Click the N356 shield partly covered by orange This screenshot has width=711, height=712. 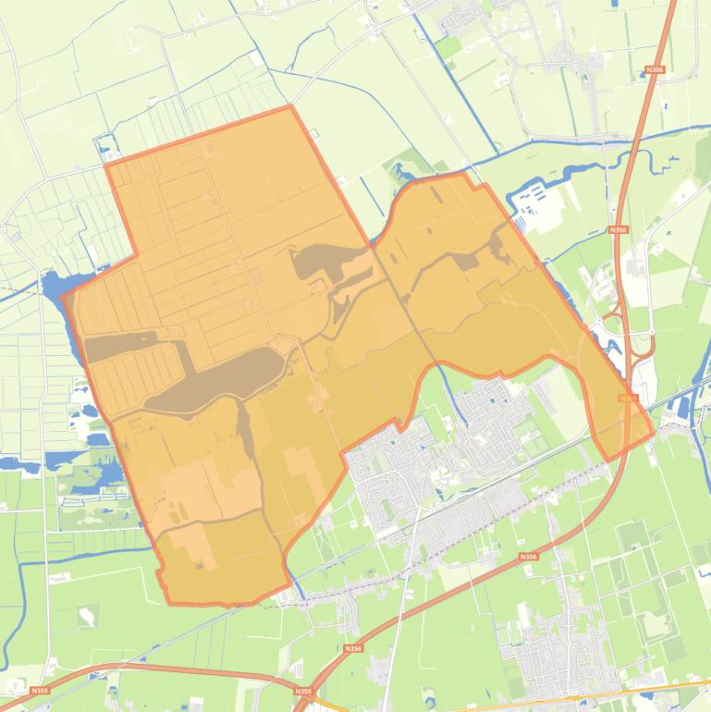(629, 398)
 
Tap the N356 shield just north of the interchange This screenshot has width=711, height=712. (617, 228)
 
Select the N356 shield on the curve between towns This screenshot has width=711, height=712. (527, 557)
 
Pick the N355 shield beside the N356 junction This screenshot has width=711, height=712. (302, 691)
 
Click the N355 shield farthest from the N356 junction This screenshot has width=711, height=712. (39, 690)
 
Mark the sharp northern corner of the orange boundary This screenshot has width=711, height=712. (291, 106)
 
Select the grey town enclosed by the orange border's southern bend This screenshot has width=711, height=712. (435, 444)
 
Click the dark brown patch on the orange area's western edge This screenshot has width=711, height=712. (120, 346)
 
